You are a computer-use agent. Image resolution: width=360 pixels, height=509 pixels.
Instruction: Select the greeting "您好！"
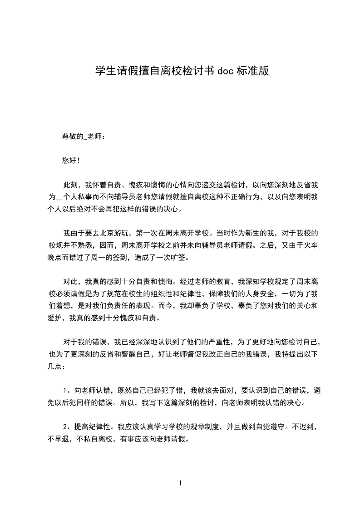click(x=71, y=160)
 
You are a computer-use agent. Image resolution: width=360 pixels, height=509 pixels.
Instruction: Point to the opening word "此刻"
click(x=71, y=185)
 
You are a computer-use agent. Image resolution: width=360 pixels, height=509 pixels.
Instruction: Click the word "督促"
click(x=183, y=354)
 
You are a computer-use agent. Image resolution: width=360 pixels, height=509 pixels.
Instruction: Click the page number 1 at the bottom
click(x=180, y=483)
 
